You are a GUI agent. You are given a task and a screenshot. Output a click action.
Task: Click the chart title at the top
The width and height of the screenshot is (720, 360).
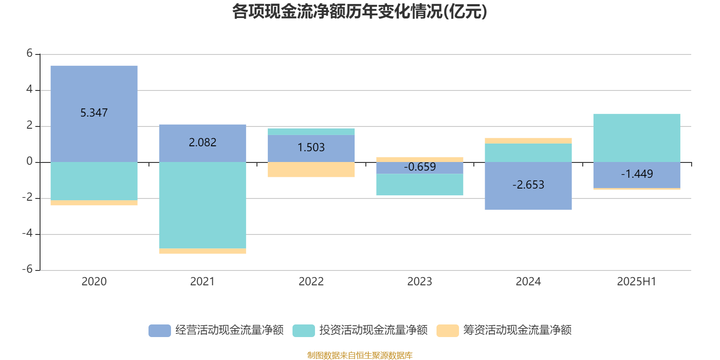[359, 12]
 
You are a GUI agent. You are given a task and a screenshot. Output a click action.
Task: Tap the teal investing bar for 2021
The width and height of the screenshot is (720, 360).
[202, 205]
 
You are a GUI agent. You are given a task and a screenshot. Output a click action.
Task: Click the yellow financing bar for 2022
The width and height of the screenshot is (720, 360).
[311, 170]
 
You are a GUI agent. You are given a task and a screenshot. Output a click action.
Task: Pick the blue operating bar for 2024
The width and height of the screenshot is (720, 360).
[528, 198]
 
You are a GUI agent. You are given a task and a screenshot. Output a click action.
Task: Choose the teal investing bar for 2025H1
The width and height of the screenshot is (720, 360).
[636, 138]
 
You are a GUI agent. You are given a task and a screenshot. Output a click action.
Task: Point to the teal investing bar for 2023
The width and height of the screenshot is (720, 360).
[419, 184]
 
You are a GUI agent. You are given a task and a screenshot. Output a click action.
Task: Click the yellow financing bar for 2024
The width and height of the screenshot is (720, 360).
[528, 141]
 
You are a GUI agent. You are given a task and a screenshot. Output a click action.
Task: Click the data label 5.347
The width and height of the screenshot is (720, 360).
[94, 112]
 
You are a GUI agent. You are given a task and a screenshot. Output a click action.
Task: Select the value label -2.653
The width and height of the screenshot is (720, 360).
[528, 184]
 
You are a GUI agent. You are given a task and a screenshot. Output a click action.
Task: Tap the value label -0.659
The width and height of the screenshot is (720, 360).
[419, 167]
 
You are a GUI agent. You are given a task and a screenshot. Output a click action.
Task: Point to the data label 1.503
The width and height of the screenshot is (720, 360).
[311, 147]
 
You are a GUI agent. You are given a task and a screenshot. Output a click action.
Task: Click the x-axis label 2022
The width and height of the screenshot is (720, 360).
[311, 282]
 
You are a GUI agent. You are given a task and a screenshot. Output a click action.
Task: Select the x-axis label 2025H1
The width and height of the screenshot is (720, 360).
[636, 282]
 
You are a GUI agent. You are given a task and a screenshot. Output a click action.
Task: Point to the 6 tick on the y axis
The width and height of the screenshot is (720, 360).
[30, 54]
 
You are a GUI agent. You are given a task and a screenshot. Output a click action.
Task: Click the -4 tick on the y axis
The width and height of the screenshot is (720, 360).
[27, 234]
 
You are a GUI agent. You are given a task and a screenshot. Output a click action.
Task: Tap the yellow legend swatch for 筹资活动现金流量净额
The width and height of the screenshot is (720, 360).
[447, 330]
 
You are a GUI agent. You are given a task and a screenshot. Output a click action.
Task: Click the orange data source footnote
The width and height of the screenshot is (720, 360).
[360, 355]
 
